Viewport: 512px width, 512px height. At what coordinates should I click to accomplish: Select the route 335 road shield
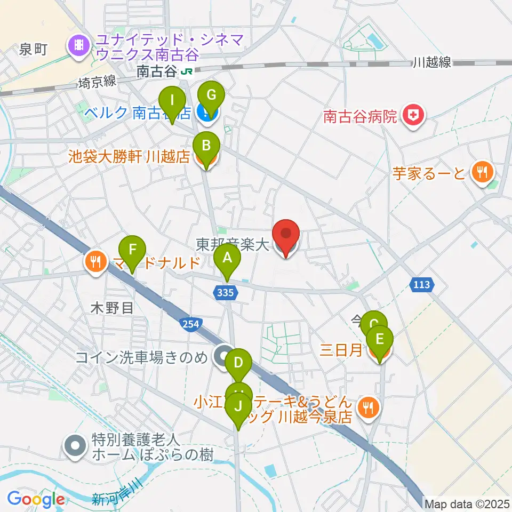tap(226, 291)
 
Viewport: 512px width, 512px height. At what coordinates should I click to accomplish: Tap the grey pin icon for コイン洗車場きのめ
tap(222, 356)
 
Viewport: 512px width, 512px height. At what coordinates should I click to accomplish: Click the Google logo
tap(36, 499)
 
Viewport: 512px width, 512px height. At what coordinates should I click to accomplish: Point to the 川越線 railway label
tap(431, 63)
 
